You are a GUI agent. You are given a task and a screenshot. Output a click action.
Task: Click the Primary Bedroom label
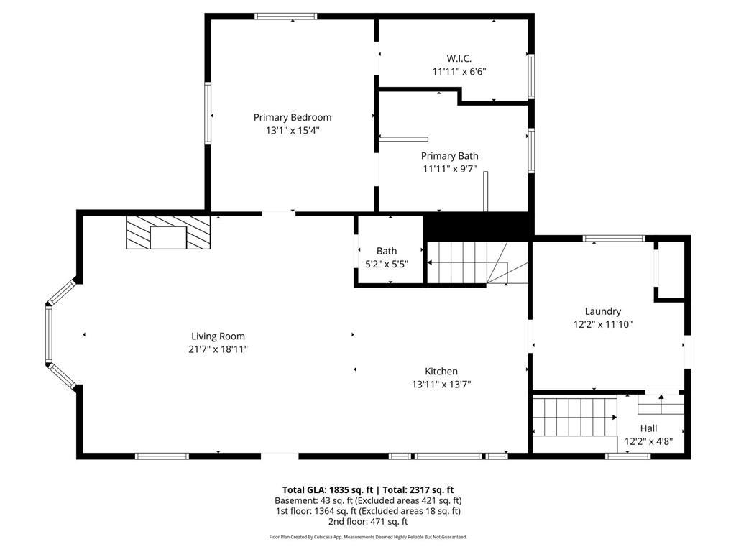pyautogui.click(x=293, y=117)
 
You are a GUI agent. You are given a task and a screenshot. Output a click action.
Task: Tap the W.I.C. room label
pyautogui.click(x=459, y=59)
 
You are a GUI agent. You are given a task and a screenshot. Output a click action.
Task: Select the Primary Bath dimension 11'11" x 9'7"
pyautogui.click(x=450, y=169)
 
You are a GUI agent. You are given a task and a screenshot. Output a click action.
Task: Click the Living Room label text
pyautogui.click(x=218, y=336)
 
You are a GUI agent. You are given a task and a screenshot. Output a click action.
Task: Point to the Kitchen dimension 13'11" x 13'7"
pyautogui.click(x=442, y=385)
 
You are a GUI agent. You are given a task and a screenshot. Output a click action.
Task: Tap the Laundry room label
pyautogui.click(x=603, y=311)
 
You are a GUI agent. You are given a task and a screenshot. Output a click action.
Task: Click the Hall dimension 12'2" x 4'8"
pyautogui.click(x=649, y=441)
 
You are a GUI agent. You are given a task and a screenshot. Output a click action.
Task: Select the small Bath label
pyautogui.click(x=387, y=251)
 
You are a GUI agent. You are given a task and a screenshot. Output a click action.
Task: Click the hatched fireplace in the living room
pyautogui.click(x=168, y=232)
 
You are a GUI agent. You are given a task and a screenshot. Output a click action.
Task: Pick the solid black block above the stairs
pyautogui.click(x=479, y=226)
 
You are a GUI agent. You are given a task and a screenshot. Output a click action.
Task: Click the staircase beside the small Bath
pyautogui.click(x=477, y=263)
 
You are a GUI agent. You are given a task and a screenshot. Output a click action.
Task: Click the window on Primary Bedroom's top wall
pyautogui.click(x=286, y=17)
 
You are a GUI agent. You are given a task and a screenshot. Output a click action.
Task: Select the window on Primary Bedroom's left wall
pyautogui.click(x=208, y=113)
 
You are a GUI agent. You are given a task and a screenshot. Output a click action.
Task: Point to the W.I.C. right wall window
pyautogui.click(x=531, y=76)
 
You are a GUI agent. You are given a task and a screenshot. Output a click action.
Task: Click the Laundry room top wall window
pyautogui.click(x=614, y=239)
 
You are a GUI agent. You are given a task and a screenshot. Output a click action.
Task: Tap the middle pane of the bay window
pyautogui.click(x=48, y=333)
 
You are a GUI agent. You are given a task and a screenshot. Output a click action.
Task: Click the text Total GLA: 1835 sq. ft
pyautogui.click(x=328, y=490)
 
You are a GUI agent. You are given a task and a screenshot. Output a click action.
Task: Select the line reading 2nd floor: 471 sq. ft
pyautogui.click(x=368, y=522)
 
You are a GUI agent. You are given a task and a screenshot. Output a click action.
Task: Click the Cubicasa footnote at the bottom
pyautogui.click(x=368, y=537)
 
